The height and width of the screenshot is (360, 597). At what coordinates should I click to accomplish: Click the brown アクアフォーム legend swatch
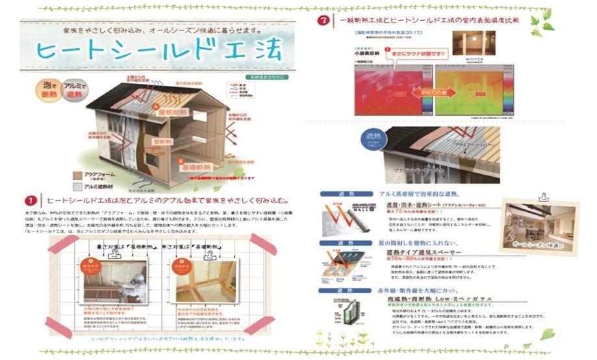(77, 175)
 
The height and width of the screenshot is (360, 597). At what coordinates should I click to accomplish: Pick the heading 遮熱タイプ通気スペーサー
(424, 252)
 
